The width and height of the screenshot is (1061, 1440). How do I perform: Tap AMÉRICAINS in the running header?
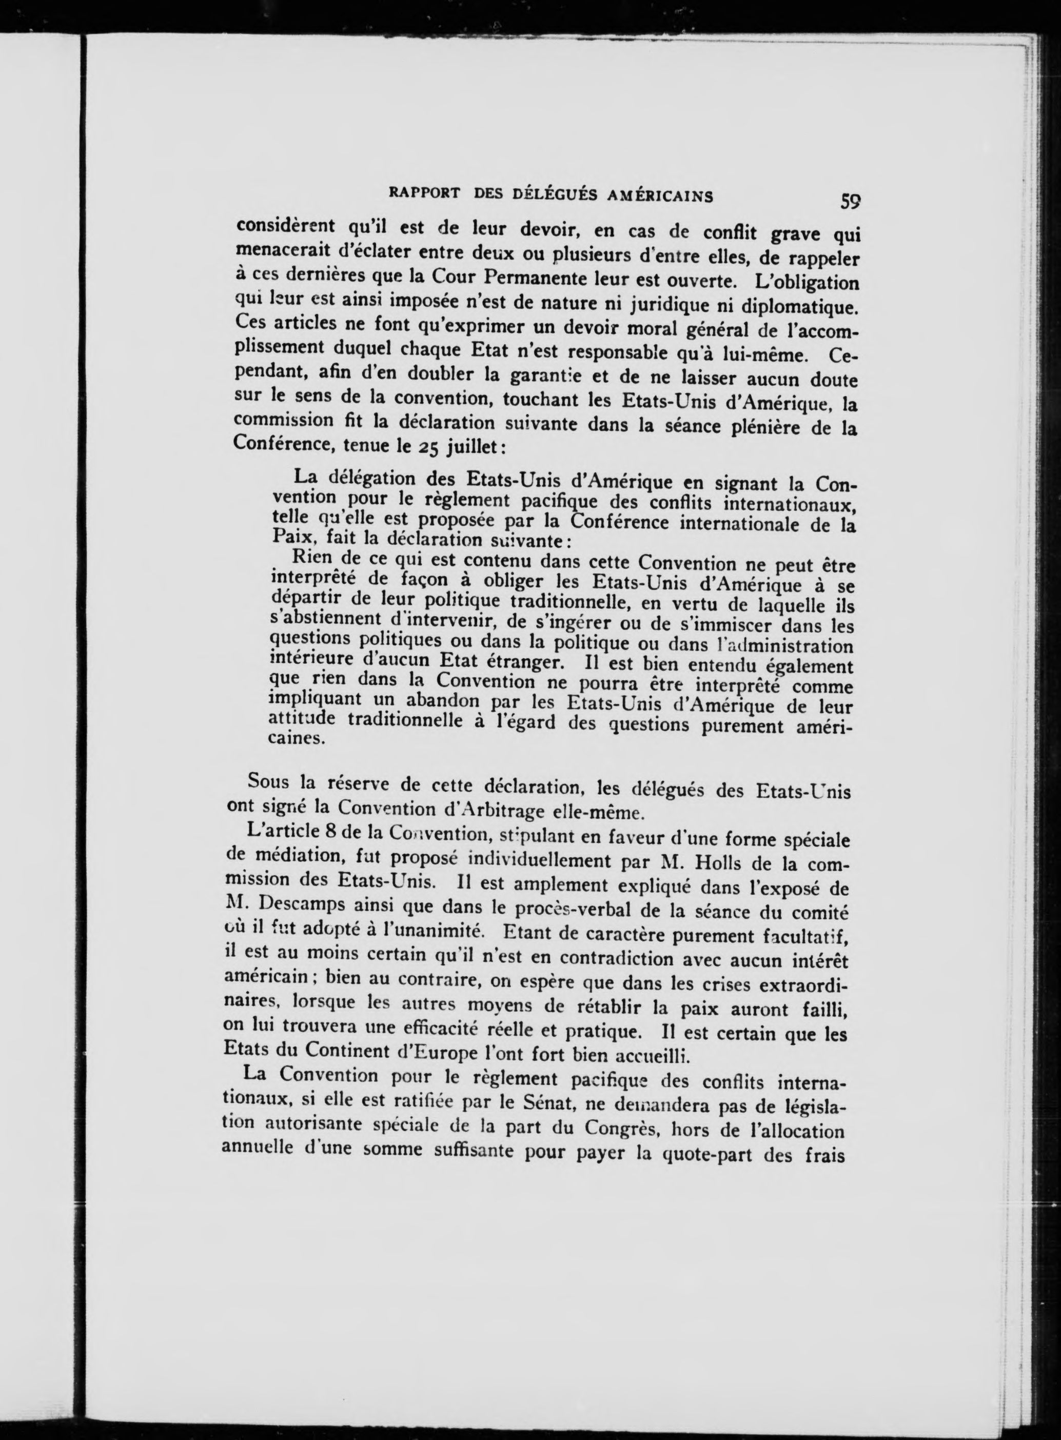[x=660, y=196]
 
